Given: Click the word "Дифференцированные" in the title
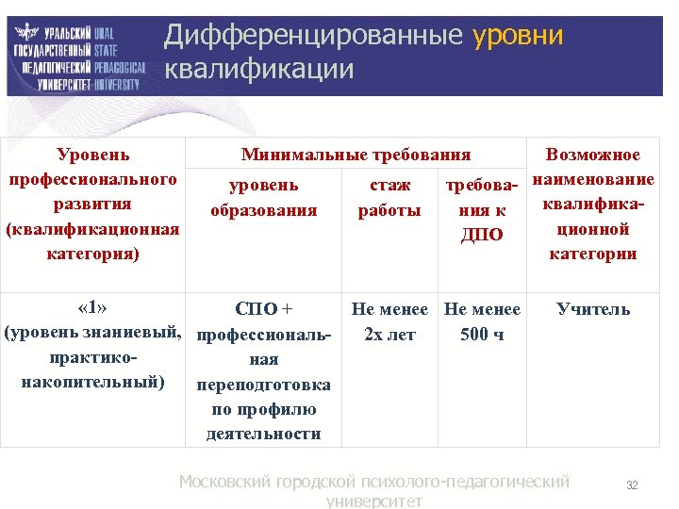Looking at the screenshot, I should (x=313, y=36).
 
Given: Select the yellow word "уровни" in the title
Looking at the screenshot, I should (x=518, y=36).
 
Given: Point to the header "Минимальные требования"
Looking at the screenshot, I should (x=356, y=156).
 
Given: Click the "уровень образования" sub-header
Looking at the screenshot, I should (x=263, y=197).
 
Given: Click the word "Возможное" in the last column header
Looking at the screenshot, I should (x=593, y=156).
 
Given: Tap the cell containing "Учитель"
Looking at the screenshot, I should (x=593, y=309).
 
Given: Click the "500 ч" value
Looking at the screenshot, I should (x=482, y=335).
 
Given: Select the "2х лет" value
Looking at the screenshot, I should (x=389, y=335).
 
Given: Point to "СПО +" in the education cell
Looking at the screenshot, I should (x=263, y=309).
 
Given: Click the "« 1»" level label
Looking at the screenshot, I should (x=92, y=308).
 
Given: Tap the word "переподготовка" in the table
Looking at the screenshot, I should (x=263, y=385).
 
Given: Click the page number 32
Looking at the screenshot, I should (x=632, y=485).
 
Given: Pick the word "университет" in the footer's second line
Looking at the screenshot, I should (x=373, y=501).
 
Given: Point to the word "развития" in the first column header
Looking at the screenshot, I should (x=92, y=205).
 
